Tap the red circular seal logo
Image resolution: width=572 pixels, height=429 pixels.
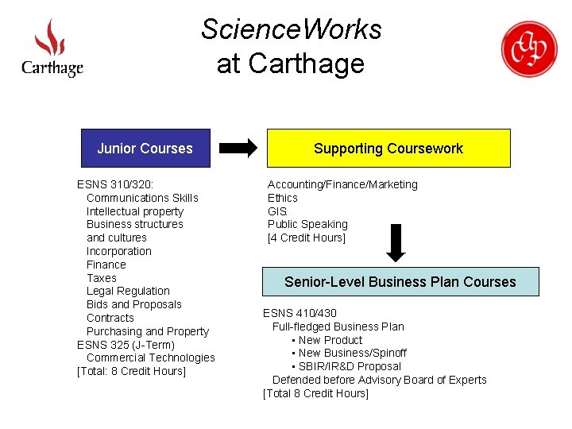click(x=528, y=48)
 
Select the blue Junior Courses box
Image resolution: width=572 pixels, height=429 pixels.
click(x=145, y=149)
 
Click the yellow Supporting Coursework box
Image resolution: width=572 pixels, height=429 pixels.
click(x=388, y=149)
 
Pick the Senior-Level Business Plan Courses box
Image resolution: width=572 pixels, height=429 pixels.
click(x=400, y=282)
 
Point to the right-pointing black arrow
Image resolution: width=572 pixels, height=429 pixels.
click(x=238, y=148)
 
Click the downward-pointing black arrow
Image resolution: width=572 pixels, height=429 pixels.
click(x=396, y=243)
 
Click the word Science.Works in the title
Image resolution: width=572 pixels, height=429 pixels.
click(x=292, y=29)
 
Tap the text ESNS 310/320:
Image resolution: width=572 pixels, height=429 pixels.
click(x=115, y=184)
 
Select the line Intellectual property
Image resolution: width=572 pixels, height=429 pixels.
click(x=135, y=211)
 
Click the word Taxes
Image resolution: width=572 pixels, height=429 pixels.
click(x=102, y=278)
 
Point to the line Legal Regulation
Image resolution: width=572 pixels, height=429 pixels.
click(x=128, y=292)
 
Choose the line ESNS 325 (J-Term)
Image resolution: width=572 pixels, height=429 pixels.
click(x=126, y=345)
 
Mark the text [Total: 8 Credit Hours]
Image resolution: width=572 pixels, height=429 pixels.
click(x=131, y=372)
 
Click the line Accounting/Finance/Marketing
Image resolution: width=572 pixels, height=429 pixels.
click(x=342, y=184)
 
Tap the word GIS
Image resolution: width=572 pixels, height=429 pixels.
click(x=277, y=211)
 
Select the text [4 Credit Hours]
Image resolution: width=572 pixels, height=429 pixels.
click(x=307, y=238)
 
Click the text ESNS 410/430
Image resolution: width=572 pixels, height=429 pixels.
click(x=300, y=313)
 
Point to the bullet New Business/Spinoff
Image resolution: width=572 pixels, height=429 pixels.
click(x=353, y=353)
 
